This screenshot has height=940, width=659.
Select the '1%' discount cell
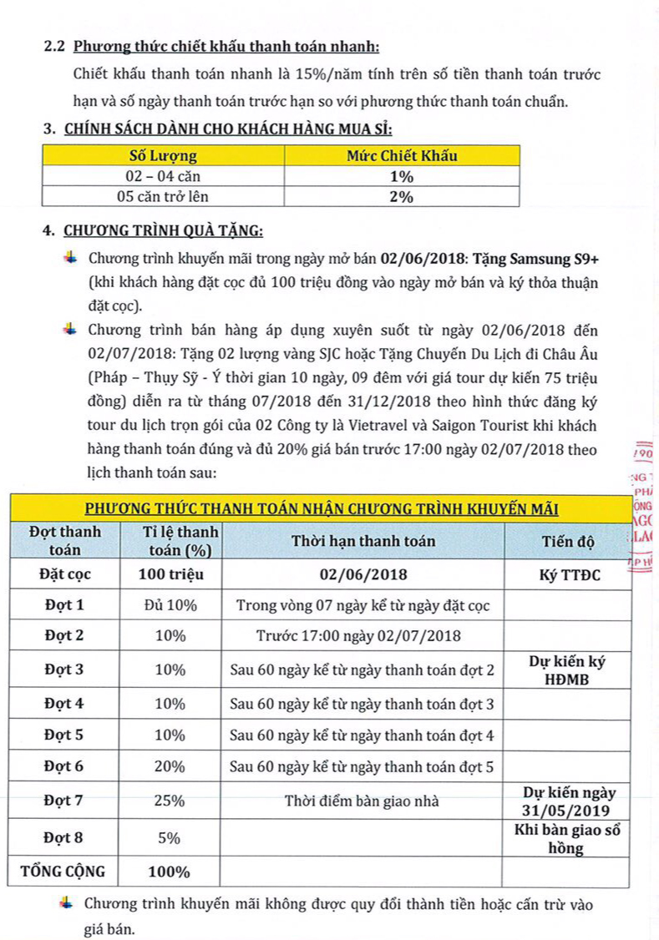point(402,176)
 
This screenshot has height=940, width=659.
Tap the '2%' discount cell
point(402,196)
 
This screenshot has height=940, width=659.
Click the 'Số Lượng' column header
point(163,156)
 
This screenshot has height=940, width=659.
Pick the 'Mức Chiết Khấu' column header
point(402,156)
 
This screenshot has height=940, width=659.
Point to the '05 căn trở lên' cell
point(163,196)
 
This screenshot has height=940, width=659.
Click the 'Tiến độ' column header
point(567,541)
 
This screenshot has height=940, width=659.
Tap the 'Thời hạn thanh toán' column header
point(362,541)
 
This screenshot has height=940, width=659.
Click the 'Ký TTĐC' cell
point(567,574)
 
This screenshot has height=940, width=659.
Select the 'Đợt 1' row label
point(63,604)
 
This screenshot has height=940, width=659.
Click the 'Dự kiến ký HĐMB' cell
point(567,669)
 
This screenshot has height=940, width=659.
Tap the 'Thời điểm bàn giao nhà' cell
point(362,801)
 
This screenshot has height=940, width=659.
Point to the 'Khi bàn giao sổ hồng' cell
point(567,839)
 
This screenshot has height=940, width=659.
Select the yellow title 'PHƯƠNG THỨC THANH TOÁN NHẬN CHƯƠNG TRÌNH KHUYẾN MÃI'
point(322,508)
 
